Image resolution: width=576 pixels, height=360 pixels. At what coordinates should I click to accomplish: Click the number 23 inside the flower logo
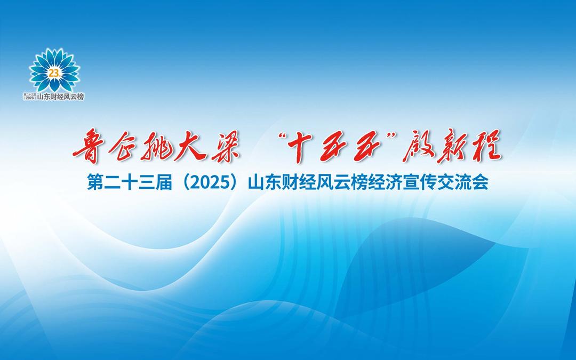click(54, 73)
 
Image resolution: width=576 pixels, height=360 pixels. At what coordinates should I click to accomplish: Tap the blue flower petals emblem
click(54, 70)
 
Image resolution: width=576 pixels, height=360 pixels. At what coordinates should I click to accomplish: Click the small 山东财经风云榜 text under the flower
click(61, 97)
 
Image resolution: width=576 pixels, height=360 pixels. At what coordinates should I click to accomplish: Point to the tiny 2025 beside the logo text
click(29, 98)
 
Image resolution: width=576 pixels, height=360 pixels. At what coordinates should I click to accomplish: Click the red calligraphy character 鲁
click(88, 146)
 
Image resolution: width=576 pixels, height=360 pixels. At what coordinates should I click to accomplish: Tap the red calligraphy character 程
click(486, 146)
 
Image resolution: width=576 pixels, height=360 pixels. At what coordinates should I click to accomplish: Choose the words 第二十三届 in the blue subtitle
click(129, 182)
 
